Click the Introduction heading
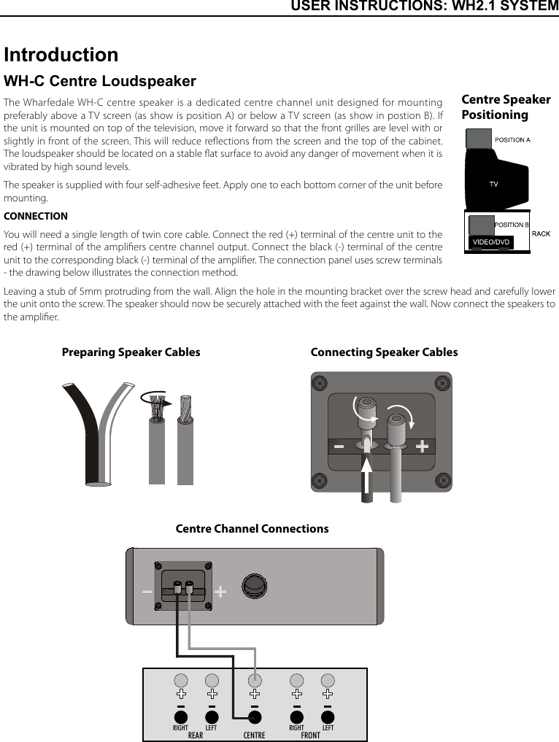[x=61, y=55]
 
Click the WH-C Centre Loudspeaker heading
[x=100, y=81]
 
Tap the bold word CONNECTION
[x=36, y=216]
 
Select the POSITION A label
[x=512, y=139]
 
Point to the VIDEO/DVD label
[x=491, y=241]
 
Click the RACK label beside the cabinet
[x=541, y=233]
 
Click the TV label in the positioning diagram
[x=494, y=185]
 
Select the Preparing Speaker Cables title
[x=131, y=352]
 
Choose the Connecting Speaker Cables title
[x=384, y=352]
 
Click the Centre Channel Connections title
[x=252, y=529]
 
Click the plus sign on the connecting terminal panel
[x=422, y=447]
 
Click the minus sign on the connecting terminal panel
[x=339, y=447]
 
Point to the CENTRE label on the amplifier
[x=254, y=735]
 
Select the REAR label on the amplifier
[x=196, y=735]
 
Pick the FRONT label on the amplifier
[x=310, y=735]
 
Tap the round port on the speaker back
[x=253, y=587]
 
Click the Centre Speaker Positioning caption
[x=506, y=107]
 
